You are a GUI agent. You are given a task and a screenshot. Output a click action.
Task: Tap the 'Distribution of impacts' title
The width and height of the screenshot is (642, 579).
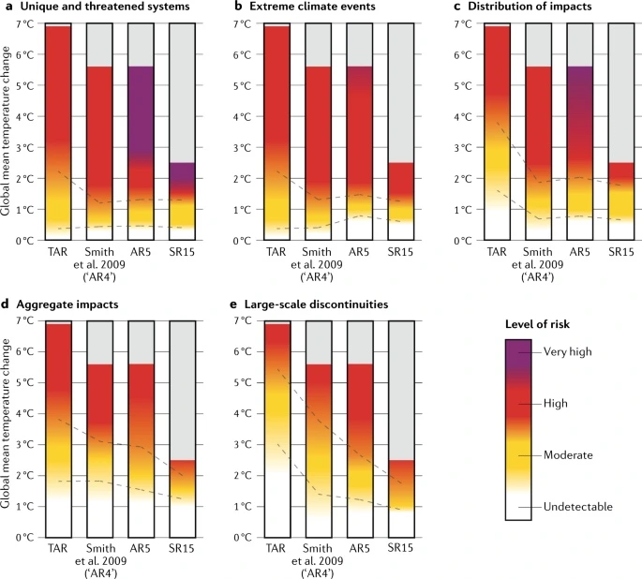528,7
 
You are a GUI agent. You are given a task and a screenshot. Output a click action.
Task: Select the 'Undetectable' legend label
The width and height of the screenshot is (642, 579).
577,507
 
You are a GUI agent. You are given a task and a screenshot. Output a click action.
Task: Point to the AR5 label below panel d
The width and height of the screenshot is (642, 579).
141,548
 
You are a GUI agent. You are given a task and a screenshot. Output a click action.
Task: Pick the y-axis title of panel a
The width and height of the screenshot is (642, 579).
7,131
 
